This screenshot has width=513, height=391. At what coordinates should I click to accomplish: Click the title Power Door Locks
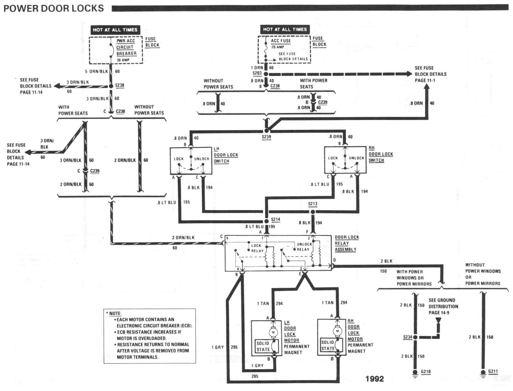click(x=54, y=8)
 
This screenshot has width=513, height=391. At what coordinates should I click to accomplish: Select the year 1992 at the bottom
click(x=374, y=379)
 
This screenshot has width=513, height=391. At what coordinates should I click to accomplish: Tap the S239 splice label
click(x=266, y=137)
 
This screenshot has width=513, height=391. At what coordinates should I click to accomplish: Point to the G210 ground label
click(x=426, y=372)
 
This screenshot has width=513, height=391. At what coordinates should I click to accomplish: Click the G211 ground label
click(x=493, y=371)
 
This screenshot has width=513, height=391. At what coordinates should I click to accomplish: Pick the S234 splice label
click(x=408, y=337)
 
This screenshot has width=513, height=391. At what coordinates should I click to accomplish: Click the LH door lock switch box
click(x=191, y=161)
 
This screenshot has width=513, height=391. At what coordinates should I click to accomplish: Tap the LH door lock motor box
click(x=266, y=339)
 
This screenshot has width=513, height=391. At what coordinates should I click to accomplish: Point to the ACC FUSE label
click(x=281, y=41)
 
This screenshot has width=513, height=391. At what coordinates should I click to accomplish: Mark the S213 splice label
click(x=313, y=204)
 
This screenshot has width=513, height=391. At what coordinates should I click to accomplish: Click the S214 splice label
click(x=275, y=220)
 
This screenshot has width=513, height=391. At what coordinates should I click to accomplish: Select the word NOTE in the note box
click(x=115, y=313)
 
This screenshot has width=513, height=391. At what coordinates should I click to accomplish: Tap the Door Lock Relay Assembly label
click(x=346, y=243)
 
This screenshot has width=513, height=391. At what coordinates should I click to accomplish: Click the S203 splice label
click(x=257, y=73)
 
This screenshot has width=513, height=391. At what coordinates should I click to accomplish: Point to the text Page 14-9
click(x=439, y=312)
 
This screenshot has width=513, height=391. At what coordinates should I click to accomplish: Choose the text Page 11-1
click(x=425, y=80)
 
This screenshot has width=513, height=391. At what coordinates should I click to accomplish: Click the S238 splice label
click(x=120, y=85)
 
